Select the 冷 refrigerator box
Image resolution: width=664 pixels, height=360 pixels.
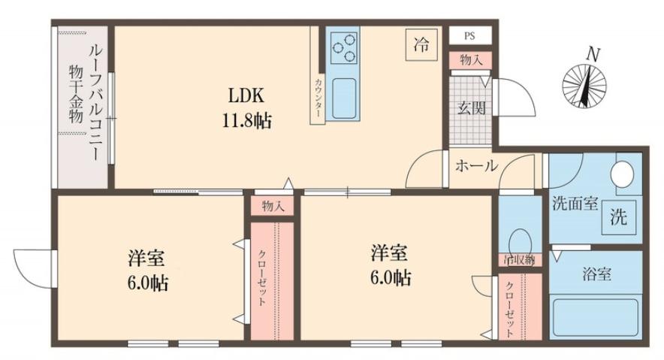(421, 44)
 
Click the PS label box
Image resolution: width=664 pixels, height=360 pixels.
(469, 35)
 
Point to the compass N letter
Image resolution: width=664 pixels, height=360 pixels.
(593, 55)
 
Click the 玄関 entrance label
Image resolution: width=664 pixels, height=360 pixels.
(472, 107)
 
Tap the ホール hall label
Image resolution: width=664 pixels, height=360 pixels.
(475, 166)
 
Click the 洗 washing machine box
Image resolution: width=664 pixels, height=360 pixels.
(617, 218)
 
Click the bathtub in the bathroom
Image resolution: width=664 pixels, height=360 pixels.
(595, 319)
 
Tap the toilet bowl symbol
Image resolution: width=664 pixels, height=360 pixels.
(519, 242)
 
